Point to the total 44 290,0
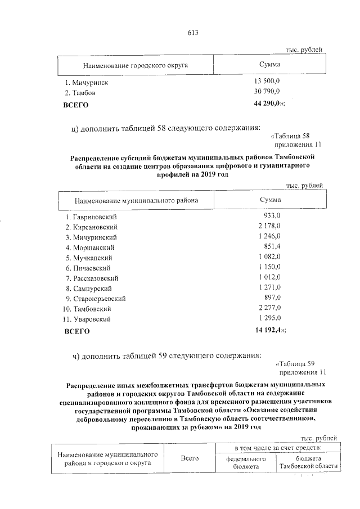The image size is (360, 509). (x=269, y=104)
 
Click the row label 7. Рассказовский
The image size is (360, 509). (x=92, y=278)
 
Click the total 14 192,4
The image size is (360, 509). (x=269, y=331)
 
